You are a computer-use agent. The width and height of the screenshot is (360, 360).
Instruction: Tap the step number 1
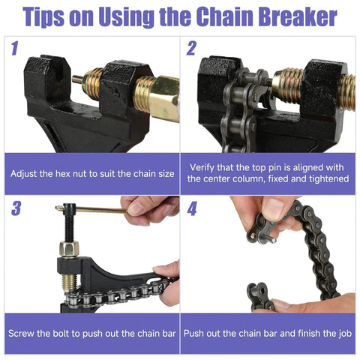coord(14,50)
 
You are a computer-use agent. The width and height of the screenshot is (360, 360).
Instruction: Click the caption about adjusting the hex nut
coord(92,173)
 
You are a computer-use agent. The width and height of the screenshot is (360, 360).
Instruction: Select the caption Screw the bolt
coord(92,332)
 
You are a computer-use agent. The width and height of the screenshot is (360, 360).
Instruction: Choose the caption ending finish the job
coord(269,332)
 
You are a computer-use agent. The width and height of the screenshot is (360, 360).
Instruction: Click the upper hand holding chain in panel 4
coord(259,214)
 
